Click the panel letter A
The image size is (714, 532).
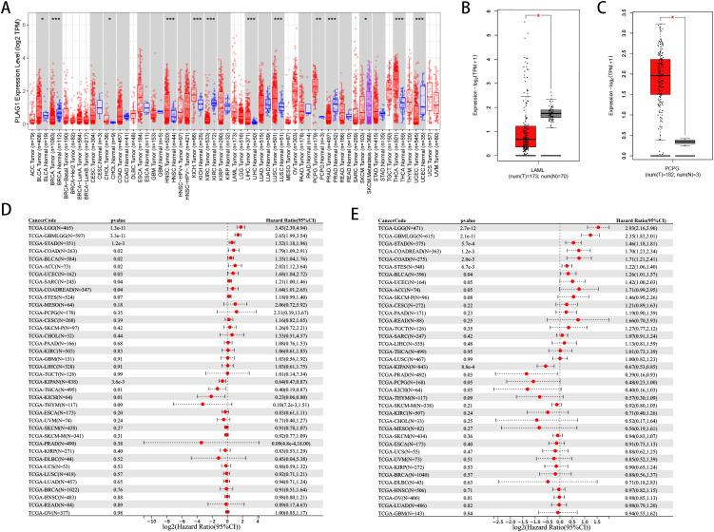click(x=7, y=7)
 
